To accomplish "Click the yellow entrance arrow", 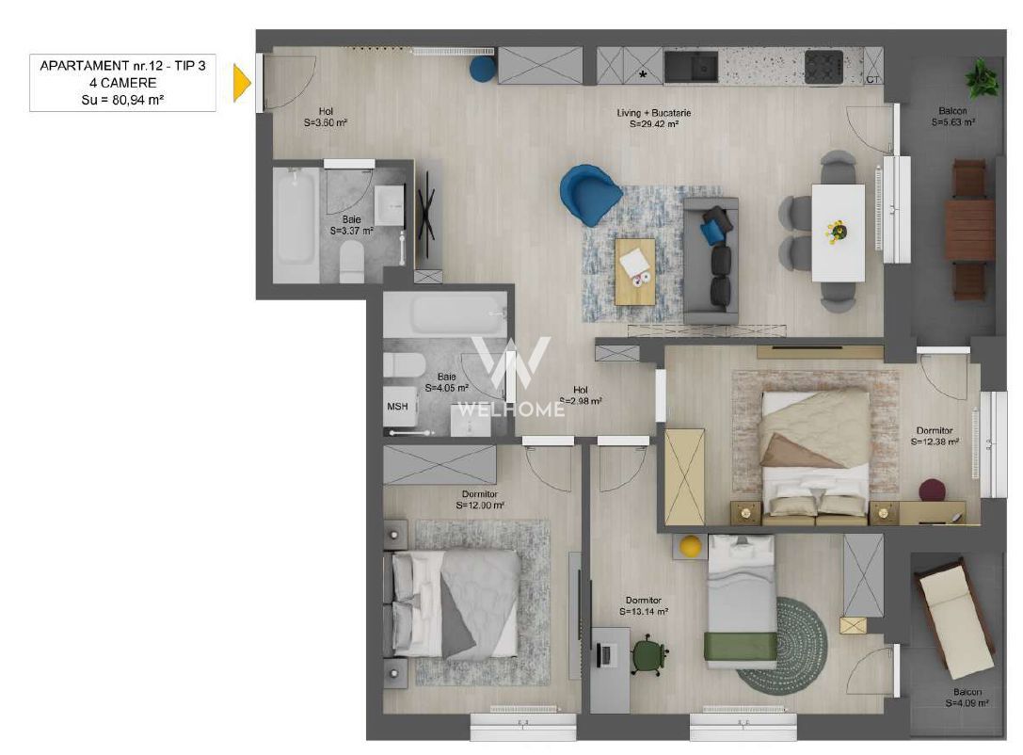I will coord(242,83).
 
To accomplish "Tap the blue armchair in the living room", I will coord(590,193).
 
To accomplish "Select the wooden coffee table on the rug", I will coord(635,271).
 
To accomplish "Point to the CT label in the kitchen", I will coord(872,79).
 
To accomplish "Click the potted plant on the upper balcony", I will coord(983,77).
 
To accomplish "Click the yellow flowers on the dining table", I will coord(834,229).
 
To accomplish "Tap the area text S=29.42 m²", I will coord(654,123).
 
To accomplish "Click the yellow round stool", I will coord(692,546).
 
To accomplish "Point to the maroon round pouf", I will coord(932,490).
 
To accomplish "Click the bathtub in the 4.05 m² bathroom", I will coord(445,314).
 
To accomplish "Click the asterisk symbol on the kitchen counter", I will coord(644,73).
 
